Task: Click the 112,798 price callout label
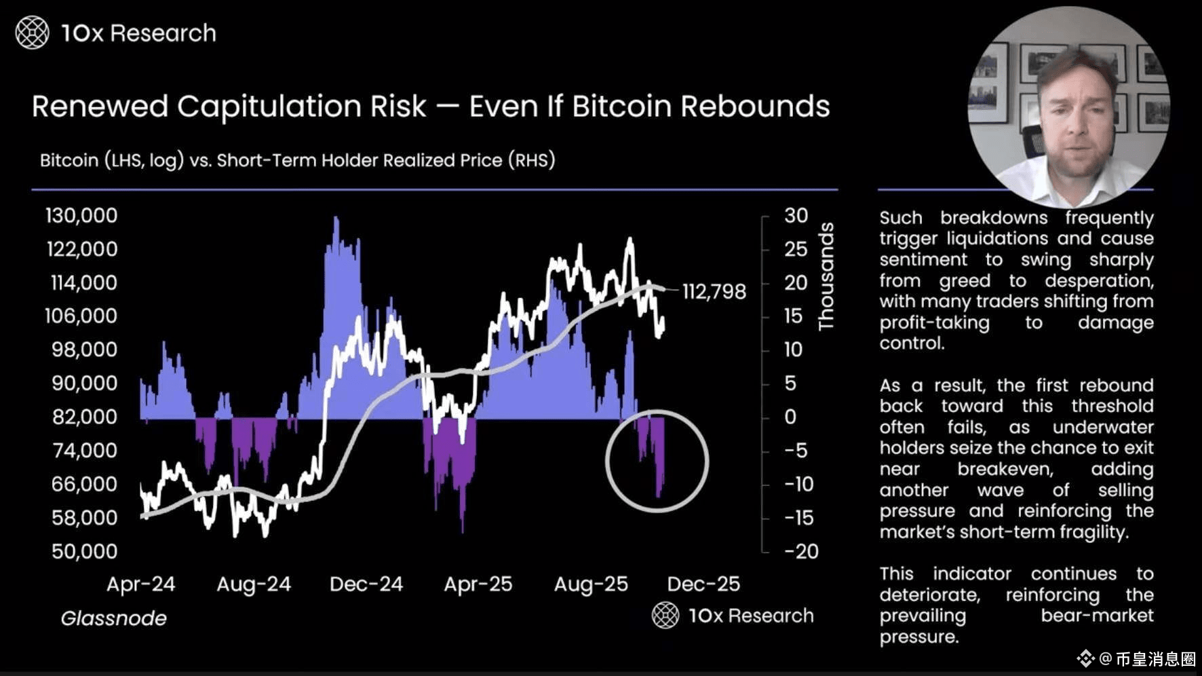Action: [714, 292]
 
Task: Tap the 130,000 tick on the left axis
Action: [81, 216]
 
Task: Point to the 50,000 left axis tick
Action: [84, 551]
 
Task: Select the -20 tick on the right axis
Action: [801, 551]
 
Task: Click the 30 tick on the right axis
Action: [796, 216]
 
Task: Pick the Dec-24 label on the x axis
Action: [366, 584]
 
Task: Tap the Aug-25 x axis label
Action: [591, 584]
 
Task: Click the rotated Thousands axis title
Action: [826, 276]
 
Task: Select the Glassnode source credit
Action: [113, 618]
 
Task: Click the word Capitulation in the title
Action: [302, 107]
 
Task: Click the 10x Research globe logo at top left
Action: [32, 33]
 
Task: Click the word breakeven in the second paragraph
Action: [1005, 469]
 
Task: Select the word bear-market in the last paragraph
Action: [1097, 616]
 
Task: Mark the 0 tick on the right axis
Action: [790, 417]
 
